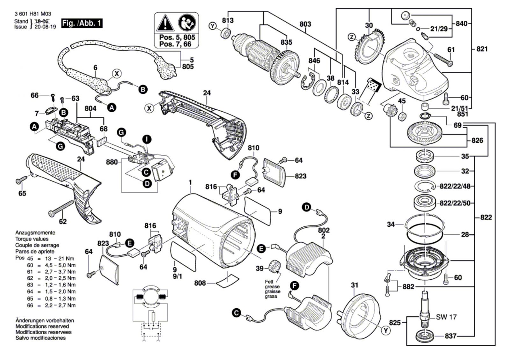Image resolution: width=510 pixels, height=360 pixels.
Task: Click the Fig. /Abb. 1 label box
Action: (x=82, y=23)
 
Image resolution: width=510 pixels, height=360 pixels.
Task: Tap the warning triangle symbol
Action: (x=165, y=22)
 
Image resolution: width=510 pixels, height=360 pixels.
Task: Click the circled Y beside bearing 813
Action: (x=213, y=26)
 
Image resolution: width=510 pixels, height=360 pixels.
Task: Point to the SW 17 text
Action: (x=446, y=317)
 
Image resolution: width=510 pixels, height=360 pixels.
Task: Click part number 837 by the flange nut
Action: (x=451, y=336)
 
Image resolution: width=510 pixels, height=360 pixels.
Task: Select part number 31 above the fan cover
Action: (x=354, y=285)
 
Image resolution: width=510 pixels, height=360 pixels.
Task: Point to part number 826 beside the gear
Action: (x=477, y=140)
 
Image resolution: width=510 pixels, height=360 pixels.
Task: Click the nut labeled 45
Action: (x=402, y=116)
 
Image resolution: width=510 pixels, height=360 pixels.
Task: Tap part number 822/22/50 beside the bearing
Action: (x=455, y=203)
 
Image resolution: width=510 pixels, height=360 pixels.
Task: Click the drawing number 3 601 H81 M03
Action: (x=33, y=14)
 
